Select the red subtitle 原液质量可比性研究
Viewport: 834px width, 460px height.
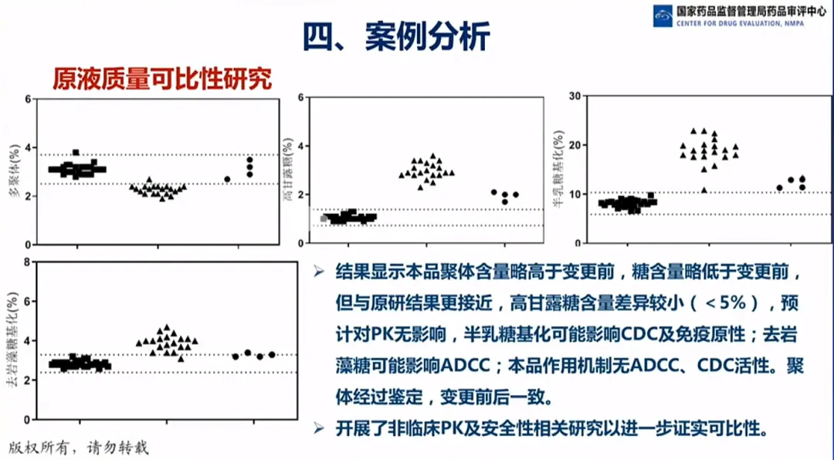pyautogui.click(x=162, y=79)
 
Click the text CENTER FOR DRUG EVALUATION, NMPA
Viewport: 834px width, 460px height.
pyautogui.click(x=740, y=24)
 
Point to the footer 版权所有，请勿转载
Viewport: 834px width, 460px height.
pyautogui.click(x=77, y=446)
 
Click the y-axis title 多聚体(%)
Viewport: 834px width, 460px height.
pyautogui.click(x=15, y=171)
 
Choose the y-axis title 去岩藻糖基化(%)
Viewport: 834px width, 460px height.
pyautogui.click(x=15, y=340)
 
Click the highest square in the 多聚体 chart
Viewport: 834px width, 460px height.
pyautogui.click(x=76, y=153)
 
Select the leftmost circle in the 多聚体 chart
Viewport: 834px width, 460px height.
pyautogui.click(x=227, y=179)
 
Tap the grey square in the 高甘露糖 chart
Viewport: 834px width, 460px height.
pyautogui.click(x=324, y=218)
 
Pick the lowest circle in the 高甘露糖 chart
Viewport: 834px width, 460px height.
pyautogui.click(x=505, y=201)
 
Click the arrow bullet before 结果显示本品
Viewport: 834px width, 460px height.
pyautogui.click(x=317, y=272)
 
